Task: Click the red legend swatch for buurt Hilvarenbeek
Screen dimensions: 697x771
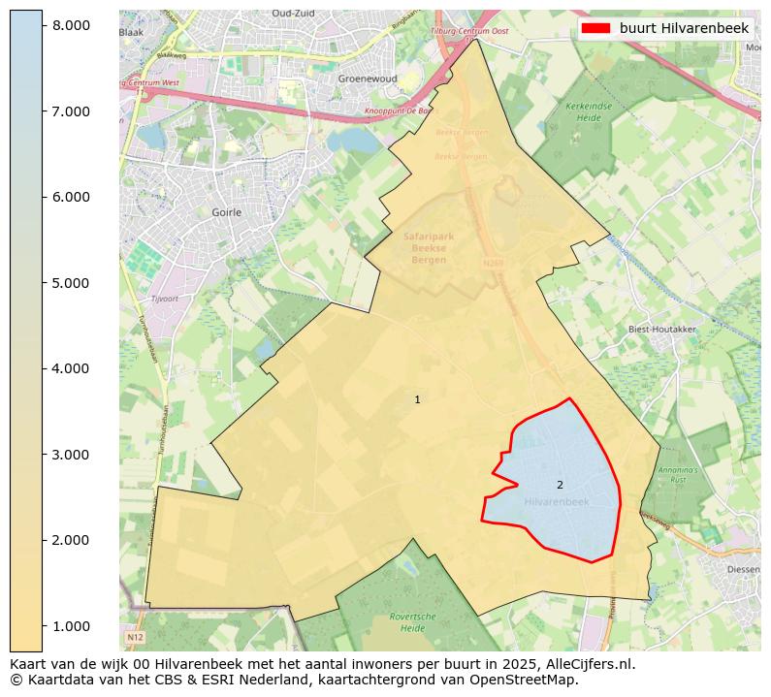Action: [x=595, y=29]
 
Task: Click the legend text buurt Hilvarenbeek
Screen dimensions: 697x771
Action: [x=684, y=29]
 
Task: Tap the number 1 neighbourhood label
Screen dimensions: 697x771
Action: [x=417, y=399]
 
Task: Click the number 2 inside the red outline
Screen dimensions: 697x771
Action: [x=560, y=485]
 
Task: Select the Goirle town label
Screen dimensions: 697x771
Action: [x=226, y=211]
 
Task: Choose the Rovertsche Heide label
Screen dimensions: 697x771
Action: [x=412, y=621]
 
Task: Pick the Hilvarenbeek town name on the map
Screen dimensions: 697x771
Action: [x=556, y=502]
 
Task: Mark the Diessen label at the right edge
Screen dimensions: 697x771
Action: [x=745, y=571]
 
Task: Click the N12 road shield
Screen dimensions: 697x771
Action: [x=135, y=638]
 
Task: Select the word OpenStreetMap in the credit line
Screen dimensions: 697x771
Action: [x=530, y=681]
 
